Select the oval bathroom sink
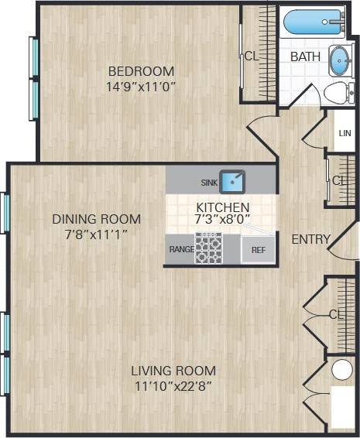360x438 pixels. coord(340,61)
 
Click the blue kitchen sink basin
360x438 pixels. coord(232,182)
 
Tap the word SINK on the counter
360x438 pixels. coord(209,183)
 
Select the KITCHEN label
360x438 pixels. coord(222,207)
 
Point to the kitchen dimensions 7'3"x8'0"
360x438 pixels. coord(222,220)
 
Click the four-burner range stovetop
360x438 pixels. coord(207,249)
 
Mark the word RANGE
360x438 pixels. coord(181,250)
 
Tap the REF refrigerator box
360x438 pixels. coord(258,250)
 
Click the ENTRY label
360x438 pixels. coord(310,239)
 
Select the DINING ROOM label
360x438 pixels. coord(96,218)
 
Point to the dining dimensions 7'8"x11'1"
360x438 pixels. coord(96,233)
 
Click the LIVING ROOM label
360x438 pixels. coord(173,370)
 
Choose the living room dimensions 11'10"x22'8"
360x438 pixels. coord(173,385)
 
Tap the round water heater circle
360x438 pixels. coord(341,370)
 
